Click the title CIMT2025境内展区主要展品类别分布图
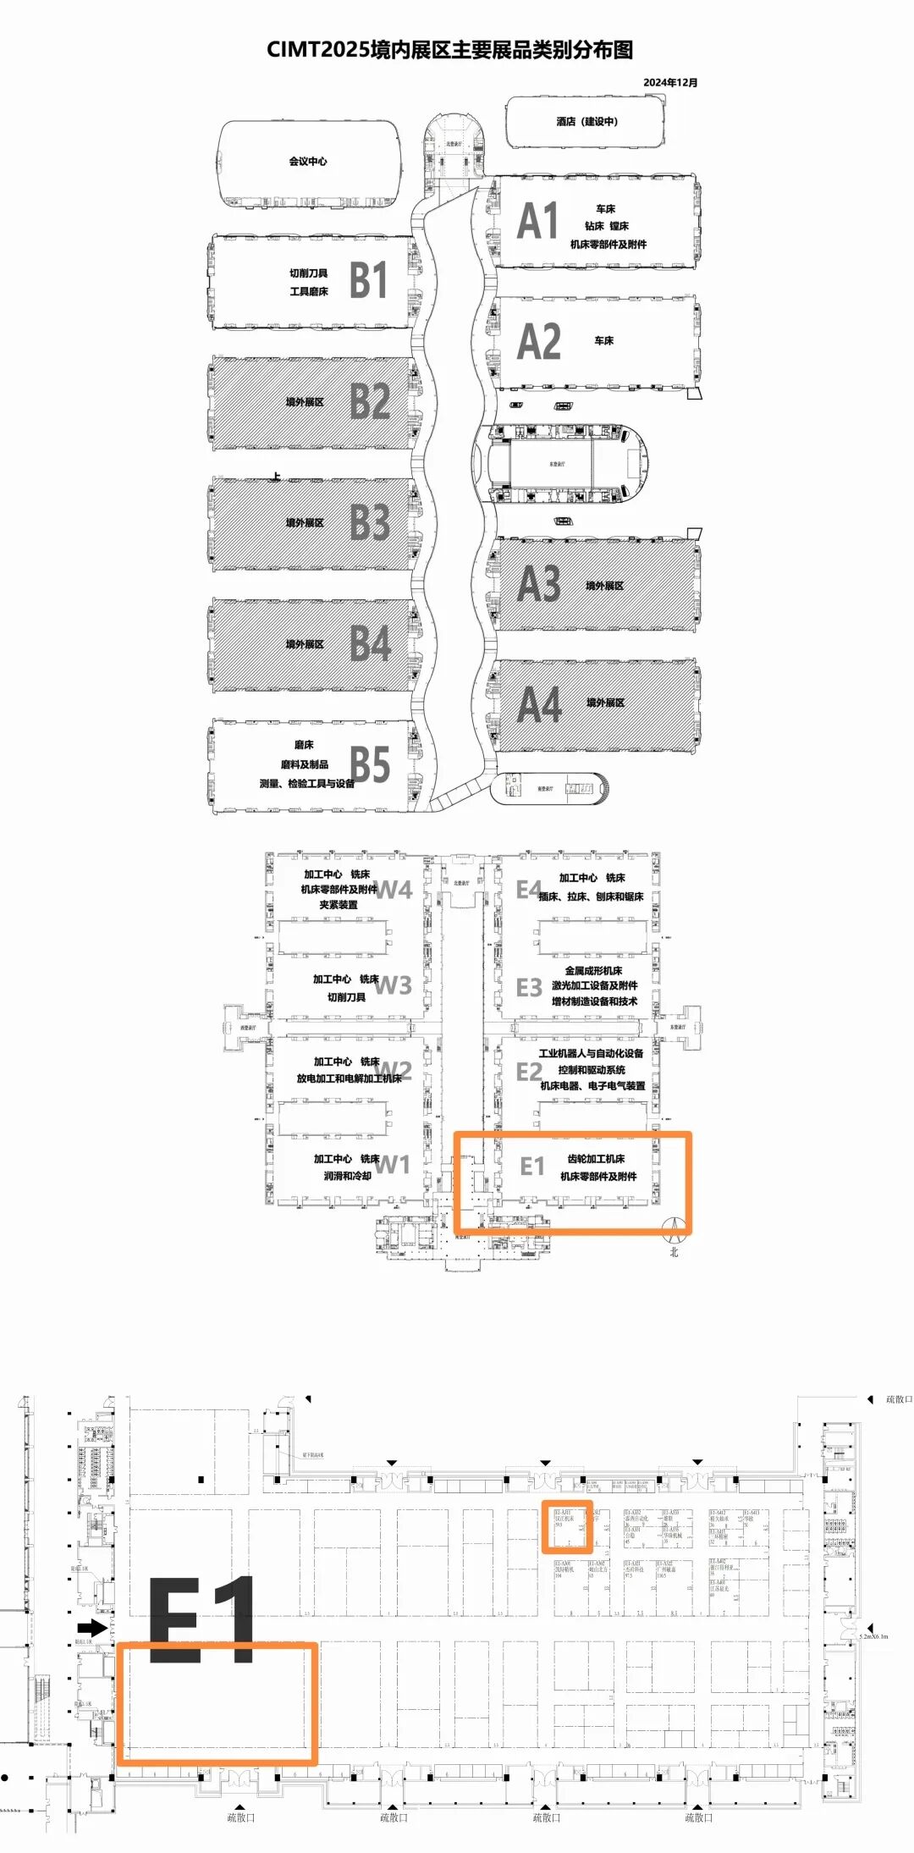click(x=449, y=50)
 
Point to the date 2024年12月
click(x=669, y=82)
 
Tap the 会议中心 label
click(x=308, y=161)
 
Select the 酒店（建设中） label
click(x=586, y=122)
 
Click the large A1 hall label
click(x=538, y=222)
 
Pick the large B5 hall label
click(x=370, y=764)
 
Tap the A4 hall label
click(x=539, y=705)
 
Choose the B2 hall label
click(x=370, y=401)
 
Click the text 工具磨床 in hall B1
click(x=309, y=291)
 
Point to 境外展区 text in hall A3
click(x=604, y=586)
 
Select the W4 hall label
click(x=394, y=890)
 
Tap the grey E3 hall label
click(x=529, y=988)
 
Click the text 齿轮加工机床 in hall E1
click(x=596, y=1159)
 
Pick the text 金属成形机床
click(x=593, y=970)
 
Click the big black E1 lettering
click(x=202, y=1619)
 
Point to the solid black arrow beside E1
click(x=92, y=1627)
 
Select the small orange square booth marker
click(x=566, y=1526)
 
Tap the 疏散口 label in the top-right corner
click(x=898, y=1399)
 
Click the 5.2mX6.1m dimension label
click(x=874, y=1636)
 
